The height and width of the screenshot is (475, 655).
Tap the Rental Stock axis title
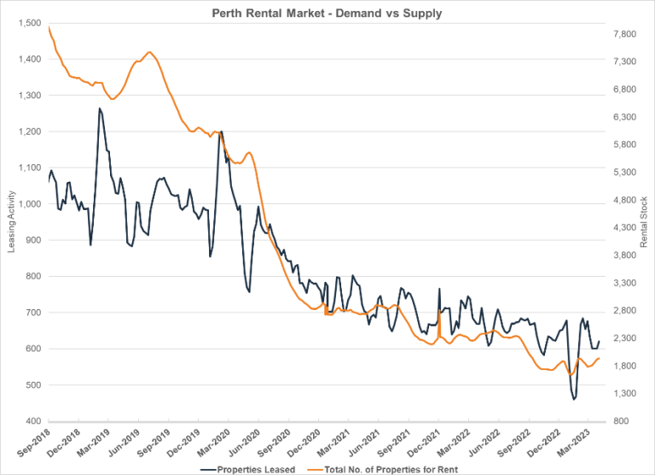point(644,224)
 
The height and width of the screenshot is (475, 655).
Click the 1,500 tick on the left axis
point(26,23)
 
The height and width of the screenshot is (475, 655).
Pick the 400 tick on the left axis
point(32,421)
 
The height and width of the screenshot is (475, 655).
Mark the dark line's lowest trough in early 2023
point(574,399)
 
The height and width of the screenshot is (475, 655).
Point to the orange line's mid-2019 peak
point(149,52)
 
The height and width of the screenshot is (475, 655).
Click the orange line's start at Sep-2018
point(49,27)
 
